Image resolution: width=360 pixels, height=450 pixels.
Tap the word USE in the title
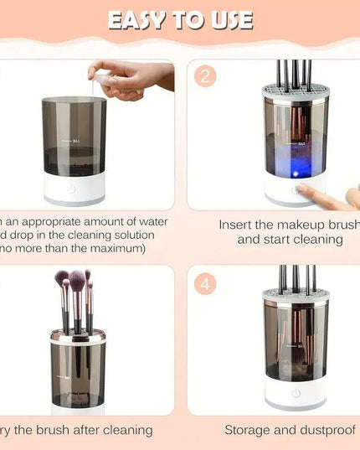[230, 19]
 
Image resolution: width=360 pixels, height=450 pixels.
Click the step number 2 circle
[206, 77]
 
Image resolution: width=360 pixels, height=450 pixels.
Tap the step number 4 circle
[206, 283]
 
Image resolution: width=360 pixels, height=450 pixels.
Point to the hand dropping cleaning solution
[130, 80]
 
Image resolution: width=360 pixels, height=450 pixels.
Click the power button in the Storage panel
[295, 393]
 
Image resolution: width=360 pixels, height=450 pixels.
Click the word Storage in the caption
[249, 430]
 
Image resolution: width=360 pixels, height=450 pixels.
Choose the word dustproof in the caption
[326, 430]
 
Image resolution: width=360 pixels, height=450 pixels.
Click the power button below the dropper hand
[72, 189]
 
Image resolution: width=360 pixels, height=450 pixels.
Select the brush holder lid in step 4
[295, 295]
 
